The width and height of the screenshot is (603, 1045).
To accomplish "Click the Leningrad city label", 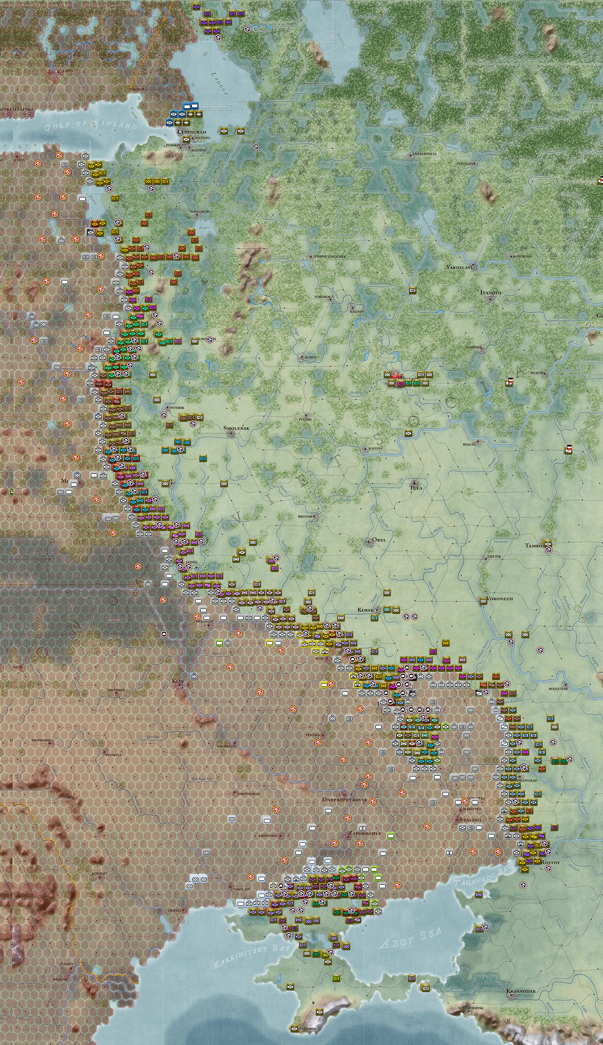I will (x=192, y=132).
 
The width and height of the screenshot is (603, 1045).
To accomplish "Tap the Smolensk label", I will (x=236, y=428).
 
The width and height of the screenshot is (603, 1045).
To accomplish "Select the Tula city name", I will (x=416, y=488).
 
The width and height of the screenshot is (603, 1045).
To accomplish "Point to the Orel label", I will (x=379, y=540).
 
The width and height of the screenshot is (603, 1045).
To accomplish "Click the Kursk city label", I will (x=365, y=610).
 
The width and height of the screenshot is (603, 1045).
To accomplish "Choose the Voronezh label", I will (x=500, y=598).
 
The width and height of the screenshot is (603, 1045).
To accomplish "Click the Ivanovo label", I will (x=491, y=293).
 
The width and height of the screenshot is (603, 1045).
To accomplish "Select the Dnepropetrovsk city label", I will (x=344, y=800).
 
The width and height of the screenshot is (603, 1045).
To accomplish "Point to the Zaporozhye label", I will (x=365, y=833).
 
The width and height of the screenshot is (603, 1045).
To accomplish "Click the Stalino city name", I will (x=470, y=819).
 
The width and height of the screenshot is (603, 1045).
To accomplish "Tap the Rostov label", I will (x=551, y=862).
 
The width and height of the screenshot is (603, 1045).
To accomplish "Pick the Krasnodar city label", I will (x=521, y=991).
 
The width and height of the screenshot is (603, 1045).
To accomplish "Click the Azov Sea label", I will (x=411, y=938).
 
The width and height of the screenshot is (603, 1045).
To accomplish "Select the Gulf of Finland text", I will (x=91, y=125).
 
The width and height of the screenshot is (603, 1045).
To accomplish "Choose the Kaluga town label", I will (x=375, y=448).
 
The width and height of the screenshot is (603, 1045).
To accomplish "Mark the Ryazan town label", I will (x=469, y=444).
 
